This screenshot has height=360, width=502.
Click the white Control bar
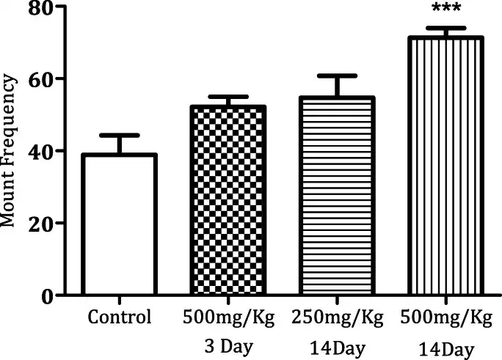(120, 224)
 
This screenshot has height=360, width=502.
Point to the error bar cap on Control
(120, 136)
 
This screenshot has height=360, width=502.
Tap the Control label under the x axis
(119, 317)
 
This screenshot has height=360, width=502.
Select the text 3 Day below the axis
(228, 342)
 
